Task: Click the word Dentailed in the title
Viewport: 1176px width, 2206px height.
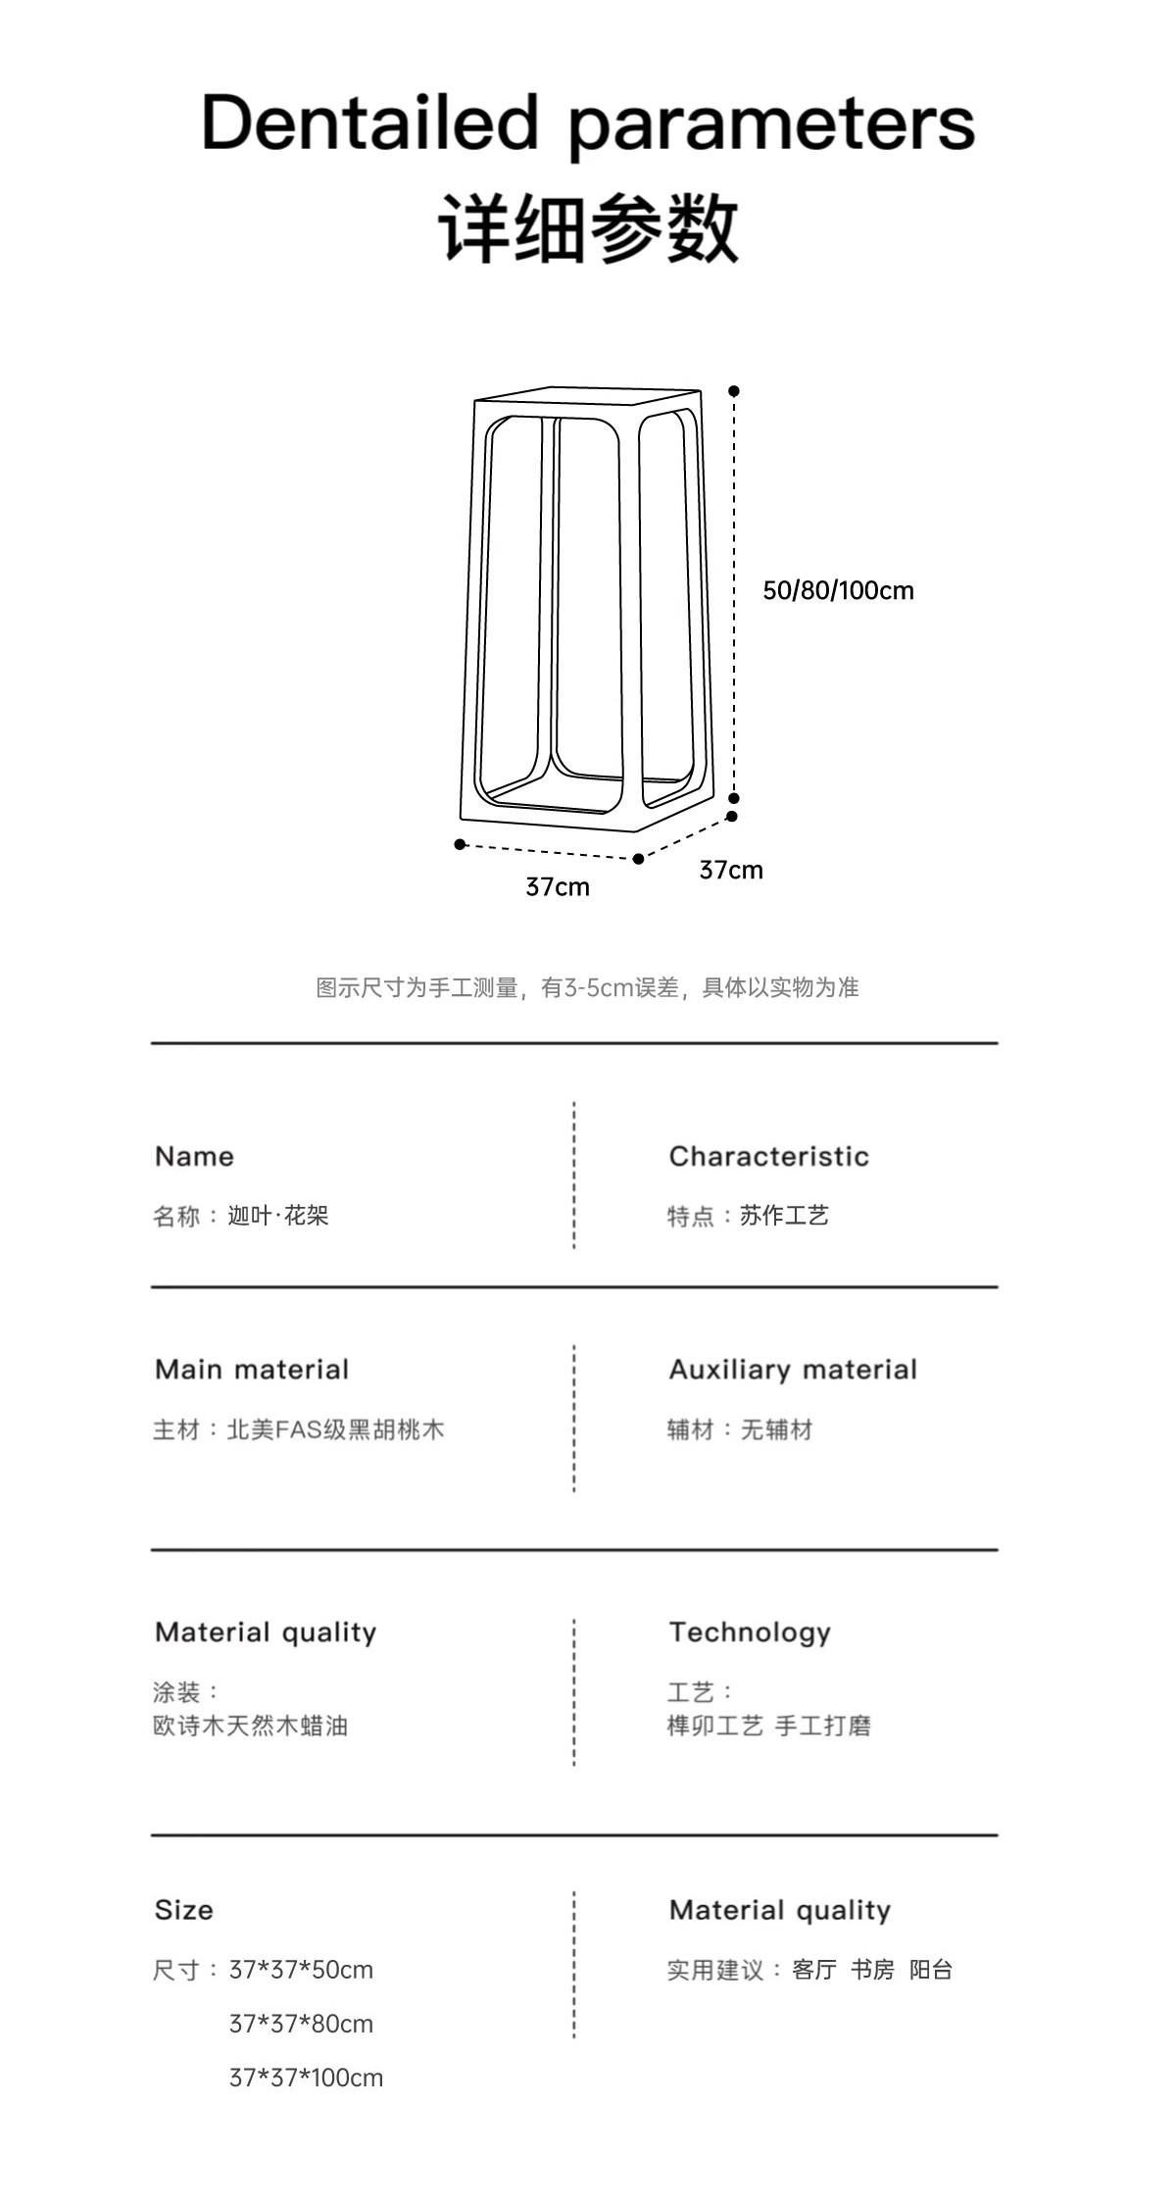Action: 370,123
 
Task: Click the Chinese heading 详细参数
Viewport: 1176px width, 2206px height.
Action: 588,227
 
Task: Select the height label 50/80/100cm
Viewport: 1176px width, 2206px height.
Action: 838,590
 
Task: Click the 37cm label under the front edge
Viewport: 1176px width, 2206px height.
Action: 558,886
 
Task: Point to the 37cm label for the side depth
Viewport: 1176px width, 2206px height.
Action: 731,870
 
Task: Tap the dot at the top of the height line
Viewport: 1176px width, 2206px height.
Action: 734,391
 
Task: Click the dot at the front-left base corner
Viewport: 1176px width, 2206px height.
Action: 460,844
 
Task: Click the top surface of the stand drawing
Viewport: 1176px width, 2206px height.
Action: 588,395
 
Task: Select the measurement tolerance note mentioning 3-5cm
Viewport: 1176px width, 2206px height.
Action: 587,987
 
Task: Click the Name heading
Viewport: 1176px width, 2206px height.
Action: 194,1156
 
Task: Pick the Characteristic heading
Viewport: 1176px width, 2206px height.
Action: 768,1156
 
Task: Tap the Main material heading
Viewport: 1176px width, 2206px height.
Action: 252,1370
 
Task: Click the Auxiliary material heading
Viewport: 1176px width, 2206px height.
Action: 793,1370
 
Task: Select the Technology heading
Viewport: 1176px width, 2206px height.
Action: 750,1632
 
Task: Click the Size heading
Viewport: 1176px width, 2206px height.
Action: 183,1910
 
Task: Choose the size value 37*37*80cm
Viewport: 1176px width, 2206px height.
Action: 301,2024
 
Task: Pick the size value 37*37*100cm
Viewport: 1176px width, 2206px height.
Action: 306,2078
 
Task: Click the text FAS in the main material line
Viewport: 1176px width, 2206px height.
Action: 299,1429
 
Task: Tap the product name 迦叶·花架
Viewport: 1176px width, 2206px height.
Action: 278,1216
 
